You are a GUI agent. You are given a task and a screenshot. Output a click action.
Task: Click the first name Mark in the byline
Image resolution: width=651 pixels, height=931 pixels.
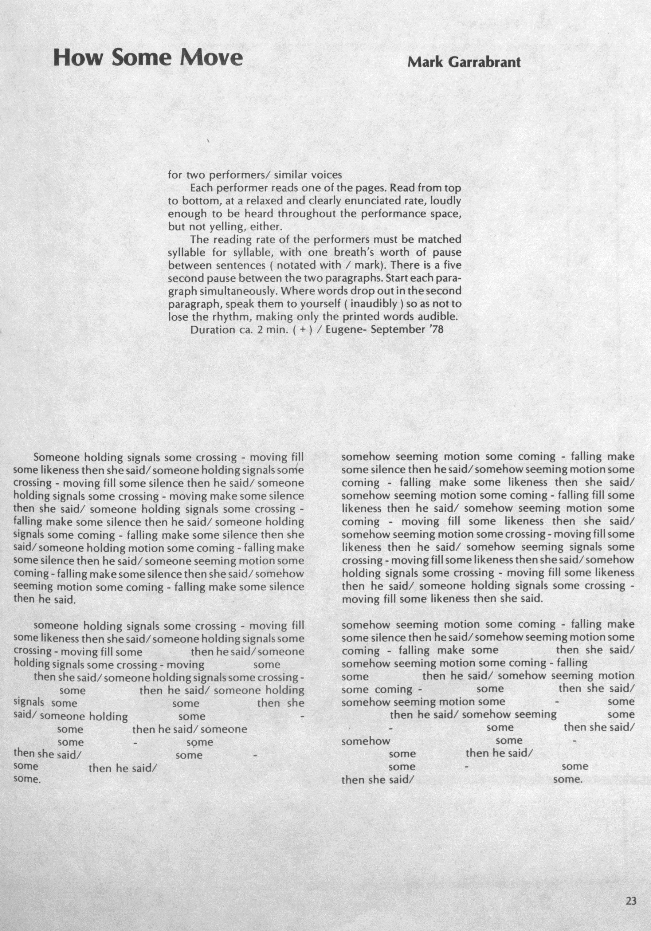[421, 62]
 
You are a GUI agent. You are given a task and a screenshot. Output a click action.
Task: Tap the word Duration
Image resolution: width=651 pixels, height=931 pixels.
[211, 330]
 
